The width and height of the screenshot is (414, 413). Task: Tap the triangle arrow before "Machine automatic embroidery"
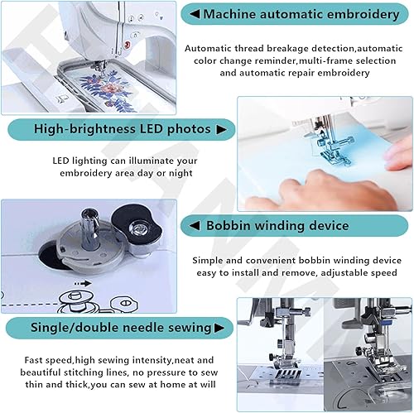pyautogui.click(x=195, y=14)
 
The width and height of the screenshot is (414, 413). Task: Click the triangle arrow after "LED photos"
pyautogui.click(x=221, y=129)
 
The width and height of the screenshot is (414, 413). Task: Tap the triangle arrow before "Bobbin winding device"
pyautogui.click(x=195, y=225)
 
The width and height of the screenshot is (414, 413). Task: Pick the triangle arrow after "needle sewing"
pyautogui.click(x=219, y=328)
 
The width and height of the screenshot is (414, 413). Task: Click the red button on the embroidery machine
pyautogui.click(x=128, y=44)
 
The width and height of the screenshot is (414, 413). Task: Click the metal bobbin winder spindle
pyautogui.click(x=90, y=229)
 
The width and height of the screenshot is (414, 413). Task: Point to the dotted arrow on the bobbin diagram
pyautogui.click(x=83, y=283)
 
